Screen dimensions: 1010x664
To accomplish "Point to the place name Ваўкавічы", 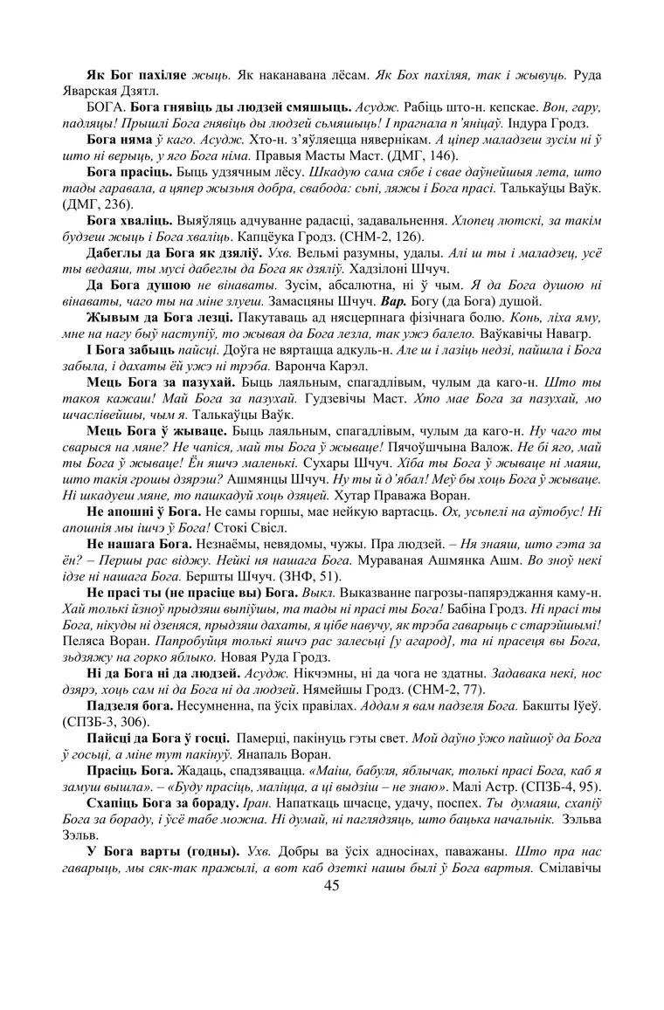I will pyautogui.click(x=503, y=333).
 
